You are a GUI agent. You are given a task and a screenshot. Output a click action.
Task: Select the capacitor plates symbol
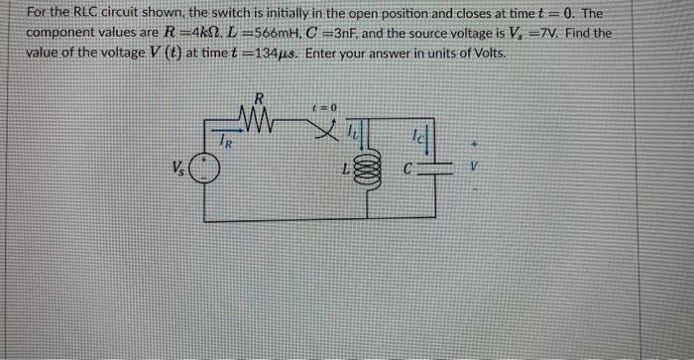tap(434, 169)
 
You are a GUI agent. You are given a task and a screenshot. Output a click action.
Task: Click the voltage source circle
tap(204, 169)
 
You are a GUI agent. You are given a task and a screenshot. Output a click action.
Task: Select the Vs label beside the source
tap(177, 167)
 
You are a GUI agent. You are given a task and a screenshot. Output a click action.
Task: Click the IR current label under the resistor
tap(227, 138)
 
